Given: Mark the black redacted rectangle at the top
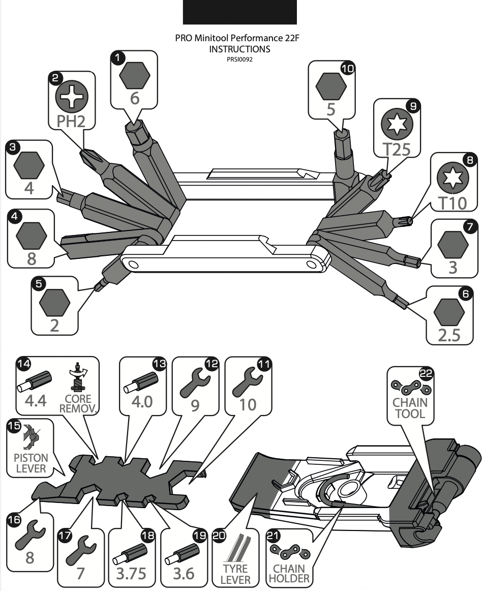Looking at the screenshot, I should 239,12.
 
